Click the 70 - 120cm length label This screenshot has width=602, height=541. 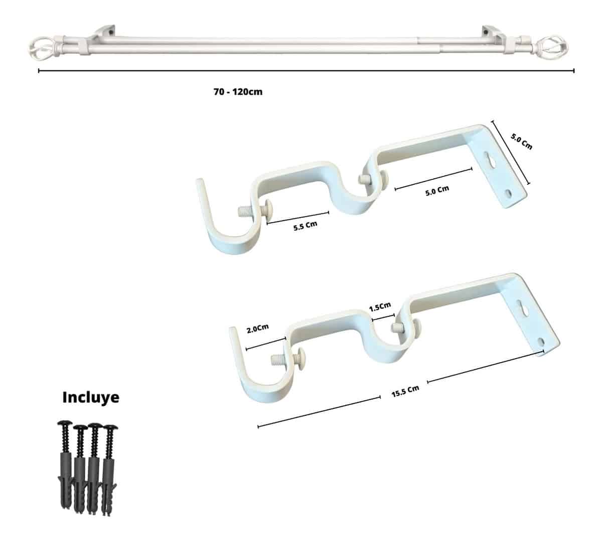[238, 91]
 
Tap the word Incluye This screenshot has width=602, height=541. [91, 397]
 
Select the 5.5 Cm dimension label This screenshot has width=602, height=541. [305, 226]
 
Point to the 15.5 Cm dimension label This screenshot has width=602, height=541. [405, 391]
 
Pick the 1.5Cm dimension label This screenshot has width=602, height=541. [380, 307]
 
